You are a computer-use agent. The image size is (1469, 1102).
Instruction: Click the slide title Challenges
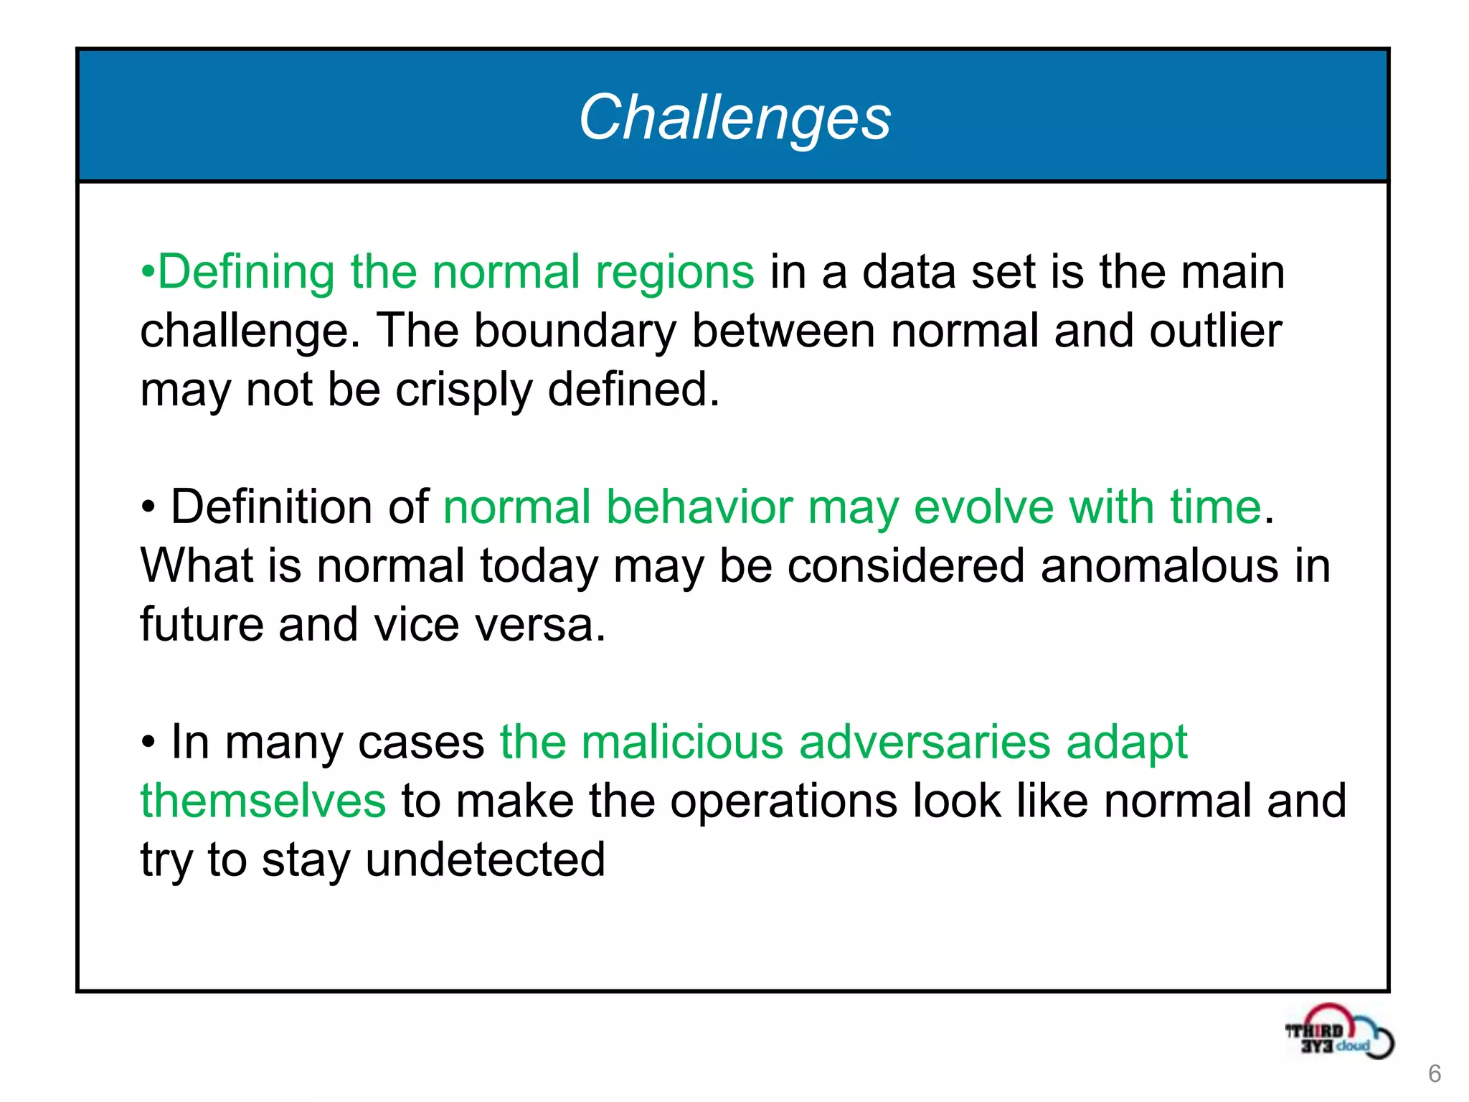(x=734, y=118)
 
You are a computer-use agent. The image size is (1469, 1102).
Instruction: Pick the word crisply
(x=463, y=391)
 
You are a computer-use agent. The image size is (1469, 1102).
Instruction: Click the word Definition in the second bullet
(x=271, y=507)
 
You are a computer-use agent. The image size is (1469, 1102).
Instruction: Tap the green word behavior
(x=699, y=507)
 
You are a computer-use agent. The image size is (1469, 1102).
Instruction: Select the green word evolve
(x=983, y=507)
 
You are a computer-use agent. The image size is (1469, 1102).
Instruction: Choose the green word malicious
(x=682, y=743)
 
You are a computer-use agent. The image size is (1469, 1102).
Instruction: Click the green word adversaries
(x=925, y=743)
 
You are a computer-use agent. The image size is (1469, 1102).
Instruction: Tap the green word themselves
(x=263, y=801)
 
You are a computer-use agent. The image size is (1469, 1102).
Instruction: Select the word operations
(x=783, y=801)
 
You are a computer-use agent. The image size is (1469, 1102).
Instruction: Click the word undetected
(x=486, y=860)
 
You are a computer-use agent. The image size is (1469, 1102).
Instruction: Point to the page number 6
(x=1435, y=1074)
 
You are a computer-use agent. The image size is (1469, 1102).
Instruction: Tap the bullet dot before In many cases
(x=148, y=743)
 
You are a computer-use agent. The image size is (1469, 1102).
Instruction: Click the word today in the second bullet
(x=539, y=566)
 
